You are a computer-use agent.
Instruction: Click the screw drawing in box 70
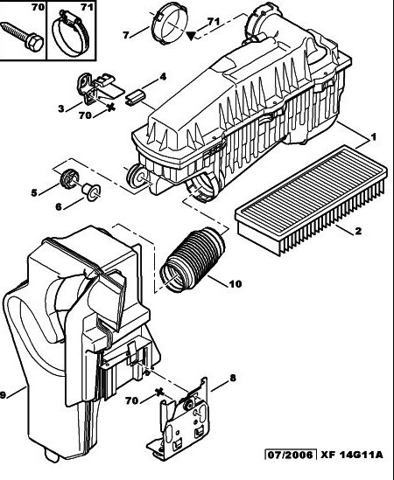[22, 36]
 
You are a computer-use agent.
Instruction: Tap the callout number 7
[125, 35]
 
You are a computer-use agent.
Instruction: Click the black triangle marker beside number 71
[191, 36]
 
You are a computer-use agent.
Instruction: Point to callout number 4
[163, 76]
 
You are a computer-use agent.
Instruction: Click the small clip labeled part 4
[136, 96]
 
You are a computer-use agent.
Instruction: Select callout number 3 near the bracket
[61, 108]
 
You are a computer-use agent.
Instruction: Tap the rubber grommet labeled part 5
[69, 178]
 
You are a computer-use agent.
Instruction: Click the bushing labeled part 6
[91, 192]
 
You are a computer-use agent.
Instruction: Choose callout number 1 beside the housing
[374, 137]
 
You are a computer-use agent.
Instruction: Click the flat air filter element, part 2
[310, 199]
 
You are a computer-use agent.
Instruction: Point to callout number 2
[358, 231]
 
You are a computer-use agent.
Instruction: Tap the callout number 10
[236, 284]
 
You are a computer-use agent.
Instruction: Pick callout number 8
[233, 379]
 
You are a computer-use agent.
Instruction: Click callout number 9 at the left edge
[3, 395]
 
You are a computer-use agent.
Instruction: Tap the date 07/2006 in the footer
[291, 455]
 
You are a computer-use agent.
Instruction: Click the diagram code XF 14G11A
[352, 455]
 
